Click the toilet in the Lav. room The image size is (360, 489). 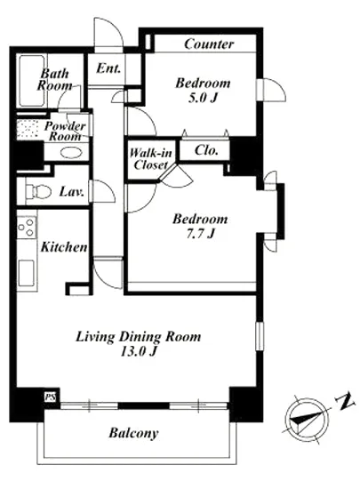click(x=38, y=191)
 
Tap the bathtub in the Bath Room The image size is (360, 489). click(x=31, y=81)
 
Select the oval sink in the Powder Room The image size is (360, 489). click(x=71, y=153)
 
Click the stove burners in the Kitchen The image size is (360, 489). click(x=26, y=228)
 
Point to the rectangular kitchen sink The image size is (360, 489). click(x=26, y=273)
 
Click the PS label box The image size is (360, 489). click(x=50, y=397)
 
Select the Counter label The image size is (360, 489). click(x=209, y=44)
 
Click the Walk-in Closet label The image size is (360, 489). click(x=150, y=159)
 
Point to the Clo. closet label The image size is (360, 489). click(x=206, y=150)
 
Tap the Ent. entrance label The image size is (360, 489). click(x=108, y=68)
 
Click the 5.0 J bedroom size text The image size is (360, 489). click(x=202, y=98)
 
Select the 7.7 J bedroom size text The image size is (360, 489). click(x=200, y=233)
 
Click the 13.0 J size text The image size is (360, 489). click(x=138, y=351)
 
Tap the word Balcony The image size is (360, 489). click(x=133, y=433)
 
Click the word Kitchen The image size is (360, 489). click(x=64, y=247)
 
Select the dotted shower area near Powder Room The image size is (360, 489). click(x=28, y=129)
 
